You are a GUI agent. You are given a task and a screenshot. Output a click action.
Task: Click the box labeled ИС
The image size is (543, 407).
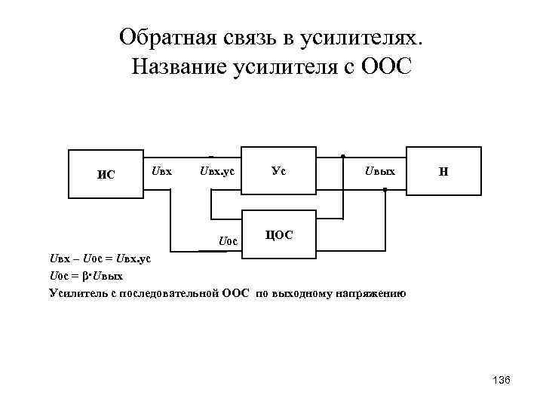[106, 175]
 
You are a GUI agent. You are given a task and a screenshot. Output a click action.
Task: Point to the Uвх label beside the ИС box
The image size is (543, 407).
[161, 171]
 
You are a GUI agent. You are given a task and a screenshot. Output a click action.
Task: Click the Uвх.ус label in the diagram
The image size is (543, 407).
[217, 172]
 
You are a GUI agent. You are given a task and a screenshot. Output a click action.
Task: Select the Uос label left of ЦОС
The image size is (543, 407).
[228, 241]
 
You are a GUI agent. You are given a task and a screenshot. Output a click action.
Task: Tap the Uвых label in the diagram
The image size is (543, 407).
[379, 172]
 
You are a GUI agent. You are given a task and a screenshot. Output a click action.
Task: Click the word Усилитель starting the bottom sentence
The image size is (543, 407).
[78, 292]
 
